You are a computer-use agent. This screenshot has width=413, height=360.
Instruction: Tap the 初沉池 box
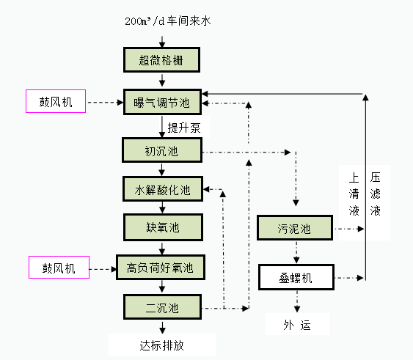161,151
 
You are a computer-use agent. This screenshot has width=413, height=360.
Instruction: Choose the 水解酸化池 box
161,191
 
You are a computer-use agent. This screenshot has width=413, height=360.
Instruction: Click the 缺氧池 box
161,227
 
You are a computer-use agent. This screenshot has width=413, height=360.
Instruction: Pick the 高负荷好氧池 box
160,268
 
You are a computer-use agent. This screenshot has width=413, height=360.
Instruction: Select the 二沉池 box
161,306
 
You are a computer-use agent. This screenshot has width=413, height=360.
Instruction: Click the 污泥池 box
294,229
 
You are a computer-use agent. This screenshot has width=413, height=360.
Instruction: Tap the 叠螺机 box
296,278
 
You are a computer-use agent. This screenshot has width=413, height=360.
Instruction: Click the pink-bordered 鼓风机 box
56,101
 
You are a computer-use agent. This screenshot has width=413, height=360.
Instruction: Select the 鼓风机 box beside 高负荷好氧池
58,268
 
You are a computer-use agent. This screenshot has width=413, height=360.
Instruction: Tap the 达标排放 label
162,345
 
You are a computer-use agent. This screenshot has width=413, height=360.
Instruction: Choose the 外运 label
296,325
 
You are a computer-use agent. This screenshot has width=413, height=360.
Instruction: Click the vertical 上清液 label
354,194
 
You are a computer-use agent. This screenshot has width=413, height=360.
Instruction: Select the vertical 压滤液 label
376,194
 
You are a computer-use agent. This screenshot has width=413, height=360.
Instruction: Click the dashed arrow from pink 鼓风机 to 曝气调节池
104,102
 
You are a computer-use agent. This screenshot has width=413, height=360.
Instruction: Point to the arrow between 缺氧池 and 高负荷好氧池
161,247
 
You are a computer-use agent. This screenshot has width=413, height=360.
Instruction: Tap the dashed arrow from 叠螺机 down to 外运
296,301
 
